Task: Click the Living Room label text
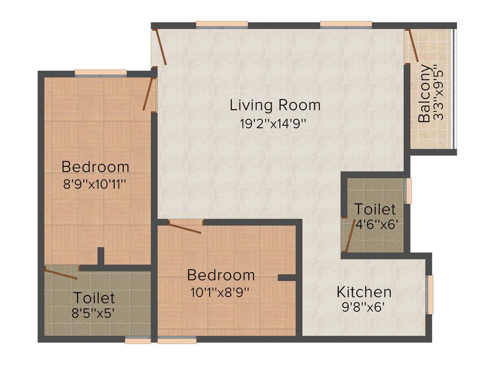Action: pyautogui.click(x=275, y=105)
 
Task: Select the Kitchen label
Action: pyautogui.click(x=364, y=291)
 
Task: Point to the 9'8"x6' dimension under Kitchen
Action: pyautogui.click(x=364, y=307)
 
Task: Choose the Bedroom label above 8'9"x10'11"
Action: pyautogui.click(x=95, y=167)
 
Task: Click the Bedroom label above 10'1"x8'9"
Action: pyautogui.click(x=221, y=275)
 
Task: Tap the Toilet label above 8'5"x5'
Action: pyautogui.click(x=94, y=298)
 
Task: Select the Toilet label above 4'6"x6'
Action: pyautogui.click(x=375, y=209)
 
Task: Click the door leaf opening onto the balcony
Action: pyautogui.click(x=412, y=46)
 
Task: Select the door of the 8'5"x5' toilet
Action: pyautogui.click(x=60, y=273)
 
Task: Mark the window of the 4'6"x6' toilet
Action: pyautogui.click(x=408, y=191)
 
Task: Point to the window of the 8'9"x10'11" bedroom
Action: pyautogui.click(x=101, y=73)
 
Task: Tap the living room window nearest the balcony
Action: pyautogui.click(x=346, y=25)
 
